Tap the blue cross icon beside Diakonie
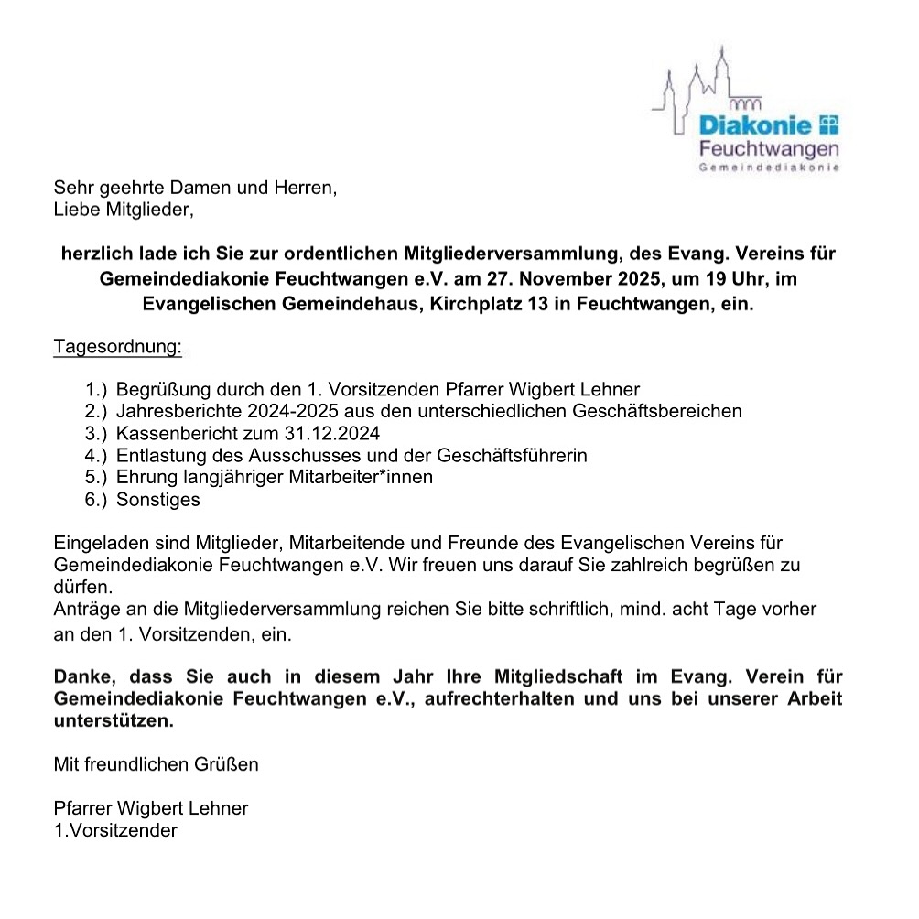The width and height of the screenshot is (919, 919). pyautogui.click(x=827, y=124)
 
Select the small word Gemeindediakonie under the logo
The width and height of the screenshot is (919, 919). pyautogui.click(x=768, y=168)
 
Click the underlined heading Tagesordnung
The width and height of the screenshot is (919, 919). pyautogui.click(x=118, y=348)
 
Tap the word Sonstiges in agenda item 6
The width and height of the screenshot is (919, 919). pyautogui.click(x=157, y=500)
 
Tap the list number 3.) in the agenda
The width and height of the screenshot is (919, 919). pyautogui.click(x=97, y=433)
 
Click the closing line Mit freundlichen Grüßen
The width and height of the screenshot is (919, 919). pyautogui.click(x=156, y=764)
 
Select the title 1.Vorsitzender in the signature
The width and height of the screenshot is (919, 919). pyautogui.click(x=115, y=831)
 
